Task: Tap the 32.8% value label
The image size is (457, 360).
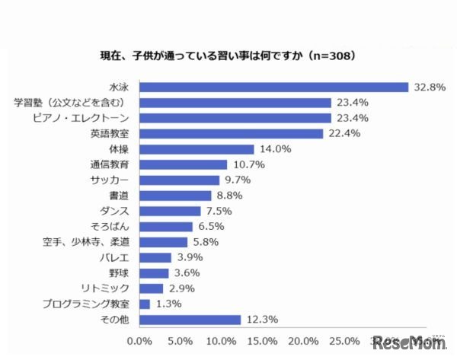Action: coord(430,87)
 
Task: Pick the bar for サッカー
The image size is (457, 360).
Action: coord(179,180)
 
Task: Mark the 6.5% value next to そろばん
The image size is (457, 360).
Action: coord(209,227)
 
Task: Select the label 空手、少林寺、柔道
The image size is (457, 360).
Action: coord(87,242)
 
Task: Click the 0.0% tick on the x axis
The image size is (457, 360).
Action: coord(139,340)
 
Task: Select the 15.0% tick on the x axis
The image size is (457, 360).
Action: coord(262,340)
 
